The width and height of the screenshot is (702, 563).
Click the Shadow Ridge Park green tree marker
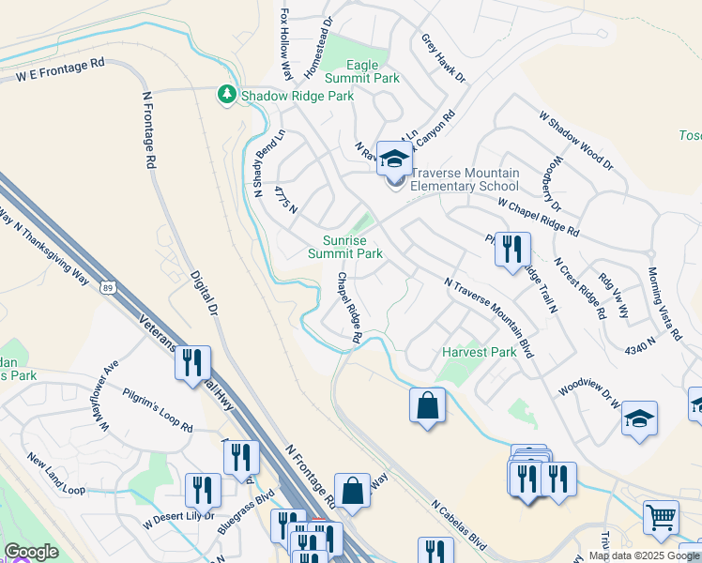(226, 96)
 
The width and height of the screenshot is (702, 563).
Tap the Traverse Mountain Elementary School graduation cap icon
(395, 158)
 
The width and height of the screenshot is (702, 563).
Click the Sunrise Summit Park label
(345, 247)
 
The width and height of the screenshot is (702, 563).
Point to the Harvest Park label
(480, 353)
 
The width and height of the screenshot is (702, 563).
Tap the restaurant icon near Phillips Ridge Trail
(512, 249)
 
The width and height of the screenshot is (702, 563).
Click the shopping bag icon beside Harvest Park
(427, 405)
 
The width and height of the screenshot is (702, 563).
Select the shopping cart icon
(661, 516)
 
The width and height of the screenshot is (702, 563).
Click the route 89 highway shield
(109, 288)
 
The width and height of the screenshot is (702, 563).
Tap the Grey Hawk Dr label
(443, 58)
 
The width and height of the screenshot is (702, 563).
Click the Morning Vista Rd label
(664, 304)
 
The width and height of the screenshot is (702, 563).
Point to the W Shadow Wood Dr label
(575, 142)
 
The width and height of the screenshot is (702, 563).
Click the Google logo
(31, 552)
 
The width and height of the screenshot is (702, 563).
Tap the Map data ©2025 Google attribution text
(643, 555)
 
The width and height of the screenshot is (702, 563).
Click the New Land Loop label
(56, 475)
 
